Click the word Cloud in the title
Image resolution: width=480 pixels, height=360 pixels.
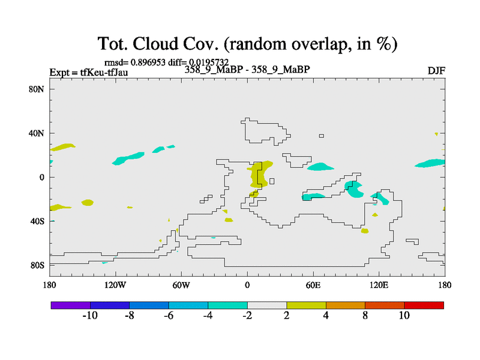pos(155,43)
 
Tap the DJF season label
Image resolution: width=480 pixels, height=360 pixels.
pos(436,71)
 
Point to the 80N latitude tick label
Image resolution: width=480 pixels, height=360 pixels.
pos(37,89)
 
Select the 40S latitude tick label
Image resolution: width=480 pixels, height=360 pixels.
pos(37,221)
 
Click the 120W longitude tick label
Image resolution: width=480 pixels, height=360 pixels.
pos(115,286)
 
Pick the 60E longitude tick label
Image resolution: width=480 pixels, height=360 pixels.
pos(313,286)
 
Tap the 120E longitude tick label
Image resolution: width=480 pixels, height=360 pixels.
pos(379,286)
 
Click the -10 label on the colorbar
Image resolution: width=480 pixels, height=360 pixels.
pos(90,316)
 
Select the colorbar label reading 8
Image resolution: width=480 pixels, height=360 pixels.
pos(365,316)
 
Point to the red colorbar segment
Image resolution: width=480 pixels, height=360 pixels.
pos(424,305)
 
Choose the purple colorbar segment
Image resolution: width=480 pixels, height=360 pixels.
pos(71,305)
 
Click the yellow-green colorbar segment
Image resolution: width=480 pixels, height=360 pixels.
pos(306,305)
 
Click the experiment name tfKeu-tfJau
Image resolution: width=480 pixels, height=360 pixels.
pos(104,73)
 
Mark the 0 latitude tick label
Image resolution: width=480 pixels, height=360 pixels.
pos(41,177)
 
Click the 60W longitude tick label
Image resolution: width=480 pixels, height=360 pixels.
pos(181,286)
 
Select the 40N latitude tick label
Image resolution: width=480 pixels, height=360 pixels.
pos(37,133)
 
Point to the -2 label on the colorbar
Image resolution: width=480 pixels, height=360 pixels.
pos(247,316)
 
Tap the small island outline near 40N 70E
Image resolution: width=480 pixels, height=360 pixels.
pos(322,136)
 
